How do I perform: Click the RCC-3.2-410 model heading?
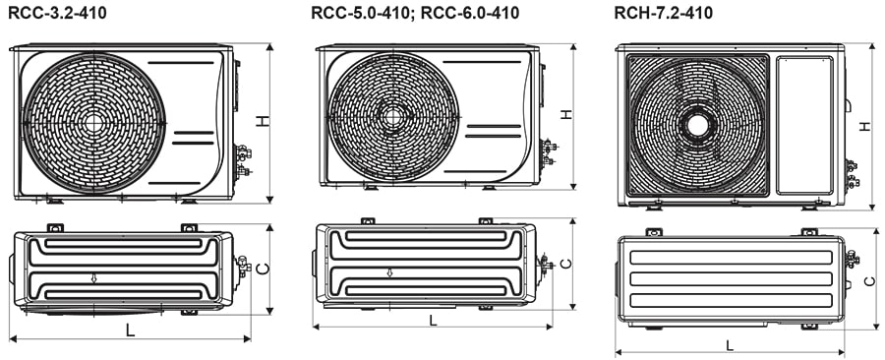pos(58,13)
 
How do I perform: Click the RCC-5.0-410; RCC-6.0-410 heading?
pos(414,13)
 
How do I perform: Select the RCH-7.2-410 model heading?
pos(664,13)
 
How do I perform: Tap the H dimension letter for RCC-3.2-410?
pos(263,121)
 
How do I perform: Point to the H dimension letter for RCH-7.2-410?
pos(863,126)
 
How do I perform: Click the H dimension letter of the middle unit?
pos(566,114)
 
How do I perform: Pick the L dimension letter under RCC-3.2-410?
pos(130,330)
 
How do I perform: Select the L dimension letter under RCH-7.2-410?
pos(729,344)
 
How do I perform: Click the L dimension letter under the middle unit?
pos(433,320)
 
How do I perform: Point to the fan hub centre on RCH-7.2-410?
pos(697,125)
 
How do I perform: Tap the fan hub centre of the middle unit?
pos(393,116)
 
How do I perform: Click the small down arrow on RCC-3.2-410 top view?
pos(93,278)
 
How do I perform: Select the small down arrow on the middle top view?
pos(389,272)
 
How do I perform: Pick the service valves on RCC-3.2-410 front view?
pos(242,160)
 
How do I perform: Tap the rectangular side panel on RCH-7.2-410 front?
pos(804,124)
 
